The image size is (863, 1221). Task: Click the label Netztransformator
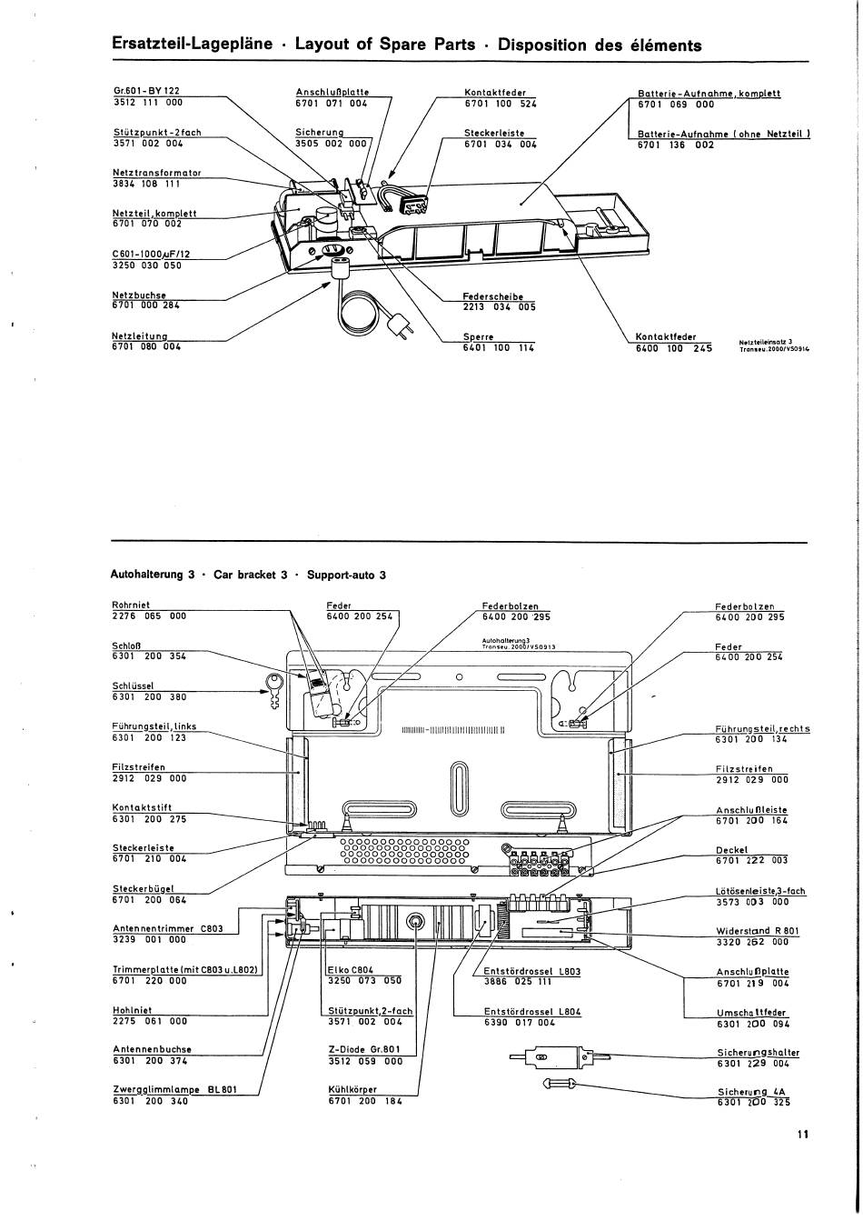[157, 173]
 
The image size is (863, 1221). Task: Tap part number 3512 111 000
[147, 103]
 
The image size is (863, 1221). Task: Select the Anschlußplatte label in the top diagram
[332, 92]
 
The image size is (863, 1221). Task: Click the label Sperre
[478, 337]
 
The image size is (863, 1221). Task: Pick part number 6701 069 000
[676, 105]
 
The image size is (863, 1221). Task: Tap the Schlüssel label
[133, 686]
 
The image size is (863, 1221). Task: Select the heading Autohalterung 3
[153, 575]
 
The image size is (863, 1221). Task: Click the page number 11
[801, 1135]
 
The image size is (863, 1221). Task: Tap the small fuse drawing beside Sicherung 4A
[559, 1082]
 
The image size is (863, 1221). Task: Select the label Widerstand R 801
[758, 931]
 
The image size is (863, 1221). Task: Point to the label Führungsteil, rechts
[762, 729]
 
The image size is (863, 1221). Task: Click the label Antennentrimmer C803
[168, 929]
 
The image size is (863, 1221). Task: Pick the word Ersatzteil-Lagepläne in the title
[192, 45]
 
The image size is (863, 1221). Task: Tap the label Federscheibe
[492, 296]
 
